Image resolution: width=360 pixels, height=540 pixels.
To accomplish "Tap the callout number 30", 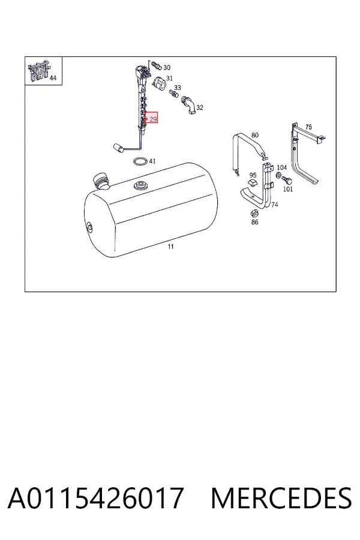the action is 167,67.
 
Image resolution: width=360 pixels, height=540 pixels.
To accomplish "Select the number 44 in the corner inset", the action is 53,78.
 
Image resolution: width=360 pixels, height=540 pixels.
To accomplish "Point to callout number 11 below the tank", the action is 170,247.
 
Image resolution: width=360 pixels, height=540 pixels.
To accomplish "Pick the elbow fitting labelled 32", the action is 188,104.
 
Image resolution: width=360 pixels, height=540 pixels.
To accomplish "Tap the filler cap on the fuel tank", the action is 101,181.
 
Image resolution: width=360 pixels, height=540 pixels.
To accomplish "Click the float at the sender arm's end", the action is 118,148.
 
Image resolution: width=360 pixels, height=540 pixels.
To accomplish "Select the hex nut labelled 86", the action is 254,212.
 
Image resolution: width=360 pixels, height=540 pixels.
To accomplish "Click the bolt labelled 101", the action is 287,180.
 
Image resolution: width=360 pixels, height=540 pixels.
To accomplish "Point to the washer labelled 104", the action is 278,176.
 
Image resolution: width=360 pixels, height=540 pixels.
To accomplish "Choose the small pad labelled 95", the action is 253,183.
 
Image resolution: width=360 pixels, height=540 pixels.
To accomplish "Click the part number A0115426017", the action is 95,498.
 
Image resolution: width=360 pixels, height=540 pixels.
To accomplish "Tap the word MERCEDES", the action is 281,498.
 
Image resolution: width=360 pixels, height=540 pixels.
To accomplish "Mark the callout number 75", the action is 308,127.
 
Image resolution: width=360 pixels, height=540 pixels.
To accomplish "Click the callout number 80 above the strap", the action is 254,135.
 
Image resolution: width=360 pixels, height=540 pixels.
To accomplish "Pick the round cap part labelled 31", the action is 159,83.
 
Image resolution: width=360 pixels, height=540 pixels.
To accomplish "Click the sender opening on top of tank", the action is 141,185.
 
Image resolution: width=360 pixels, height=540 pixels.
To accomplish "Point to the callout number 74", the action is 275,204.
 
